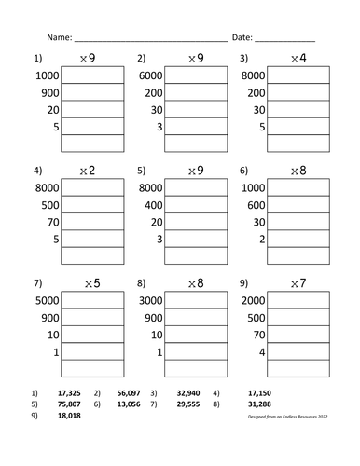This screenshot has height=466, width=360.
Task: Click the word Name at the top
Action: click(x=58, y=38)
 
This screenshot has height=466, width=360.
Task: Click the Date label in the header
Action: click(x=241, y=38)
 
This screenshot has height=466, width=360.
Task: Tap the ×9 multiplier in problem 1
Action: click(x=89, y=59)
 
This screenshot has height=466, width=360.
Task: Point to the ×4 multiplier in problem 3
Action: click(x=298, y=59)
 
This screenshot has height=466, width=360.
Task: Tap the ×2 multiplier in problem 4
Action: click(x=89, y=171)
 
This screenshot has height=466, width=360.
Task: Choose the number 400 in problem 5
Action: click(x=154, y=205)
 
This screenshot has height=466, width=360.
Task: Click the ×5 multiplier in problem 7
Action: click(x=89, y=282)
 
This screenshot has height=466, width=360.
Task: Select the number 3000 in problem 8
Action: click(x=150, y=300)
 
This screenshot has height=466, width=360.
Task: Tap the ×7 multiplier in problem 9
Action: click(x=298, y=282)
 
